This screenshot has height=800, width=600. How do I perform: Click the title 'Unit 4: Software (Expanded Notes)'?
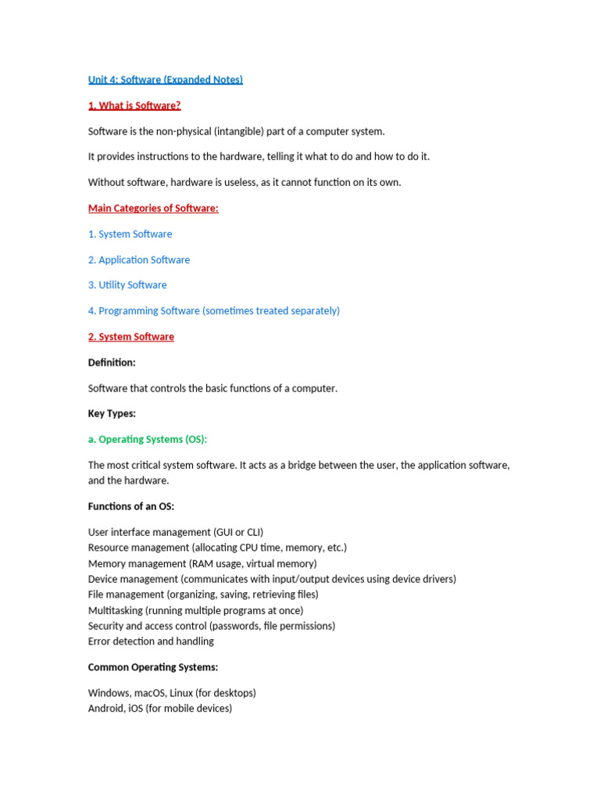click(166, 80)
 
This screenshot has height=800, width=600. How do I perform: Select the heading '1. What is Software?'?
click(134, 105)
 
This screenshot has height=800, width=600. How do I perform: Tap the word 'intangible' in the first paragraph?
click(239, 131)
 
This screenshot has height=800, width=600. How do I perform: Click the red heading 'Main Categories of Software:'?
click(153, 209)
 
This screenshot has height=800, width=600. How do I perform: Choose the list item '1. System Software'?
click(130, 234)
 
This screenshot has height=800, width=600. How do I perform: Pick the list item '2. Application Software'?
click(139, 260)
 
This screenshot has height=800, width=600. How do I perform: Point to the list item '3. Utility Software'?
click(127, 285)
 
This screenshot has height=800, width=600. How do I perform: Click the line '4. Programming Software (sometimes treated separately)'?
click(214, 311)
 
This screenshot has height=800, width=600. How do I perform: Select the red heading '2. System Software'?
click(131, 337)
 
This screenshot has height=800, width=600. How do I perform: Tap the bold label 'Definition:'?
click(112, 362)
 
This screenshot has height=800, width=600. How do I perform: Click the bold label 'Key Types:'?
click(112, 414)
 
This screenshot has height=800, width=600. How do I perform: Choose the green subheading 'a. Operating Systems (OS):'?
click(148, 440)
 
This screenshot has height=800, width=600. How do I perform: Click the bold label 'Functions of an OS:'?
click(131, 507)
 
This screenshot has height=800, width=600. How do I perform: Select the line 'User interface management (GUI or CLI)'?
click(176, 533)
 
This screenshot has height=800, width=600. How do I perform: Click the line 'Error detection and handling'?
click(151, 641)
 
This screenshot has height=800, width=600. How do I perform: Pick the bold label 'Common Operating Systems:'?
click(153, 668)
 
